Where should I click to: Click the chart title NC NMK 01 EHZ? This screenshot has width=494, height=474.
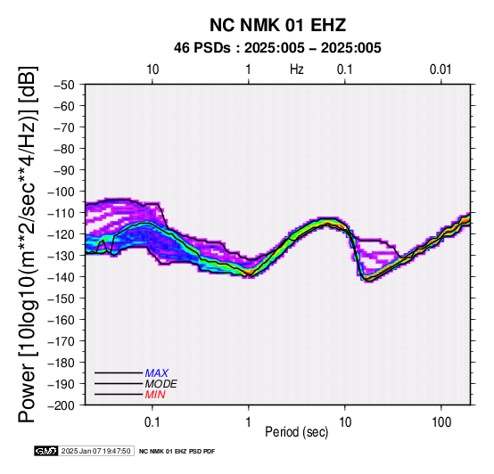coord(277,25)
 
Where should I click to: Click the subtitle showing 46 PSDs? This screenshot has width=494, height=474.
coord(277,48)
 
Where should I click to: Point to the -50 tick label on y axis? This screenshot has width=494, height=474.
coord(64,85)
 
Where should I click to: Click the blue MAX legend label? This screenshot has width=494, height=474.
coord(157,373)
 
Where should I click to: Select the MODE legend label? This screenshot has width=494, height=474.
coord(161,384)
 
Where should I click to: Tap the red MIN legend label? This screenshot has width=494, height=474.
coord(155,395)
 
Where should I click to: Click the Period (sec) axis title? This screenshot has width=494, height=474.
coord(296,432)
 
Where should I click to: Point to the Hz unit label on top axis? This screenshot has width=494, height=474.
coord(297,69)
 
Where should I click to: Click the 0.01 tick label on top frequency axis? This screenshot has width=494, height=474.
coord(440,69)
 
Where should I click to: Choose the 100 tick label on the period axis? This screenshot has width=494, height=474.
coord(441,422)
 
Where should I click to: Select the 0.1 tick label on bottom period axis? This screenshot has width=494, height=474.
coord(152,422)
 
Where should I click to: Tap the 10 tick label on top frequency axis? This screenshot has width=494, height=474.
coord(152,69)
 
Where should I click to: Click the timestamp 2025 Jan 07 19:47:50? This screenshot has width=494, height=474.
coord(95,451)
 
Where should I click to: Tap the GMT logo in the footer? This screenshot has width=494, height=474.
coord(46,451)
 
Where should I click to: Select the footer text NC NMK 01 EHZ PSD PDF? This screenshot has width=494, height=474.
coord(177,452)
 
